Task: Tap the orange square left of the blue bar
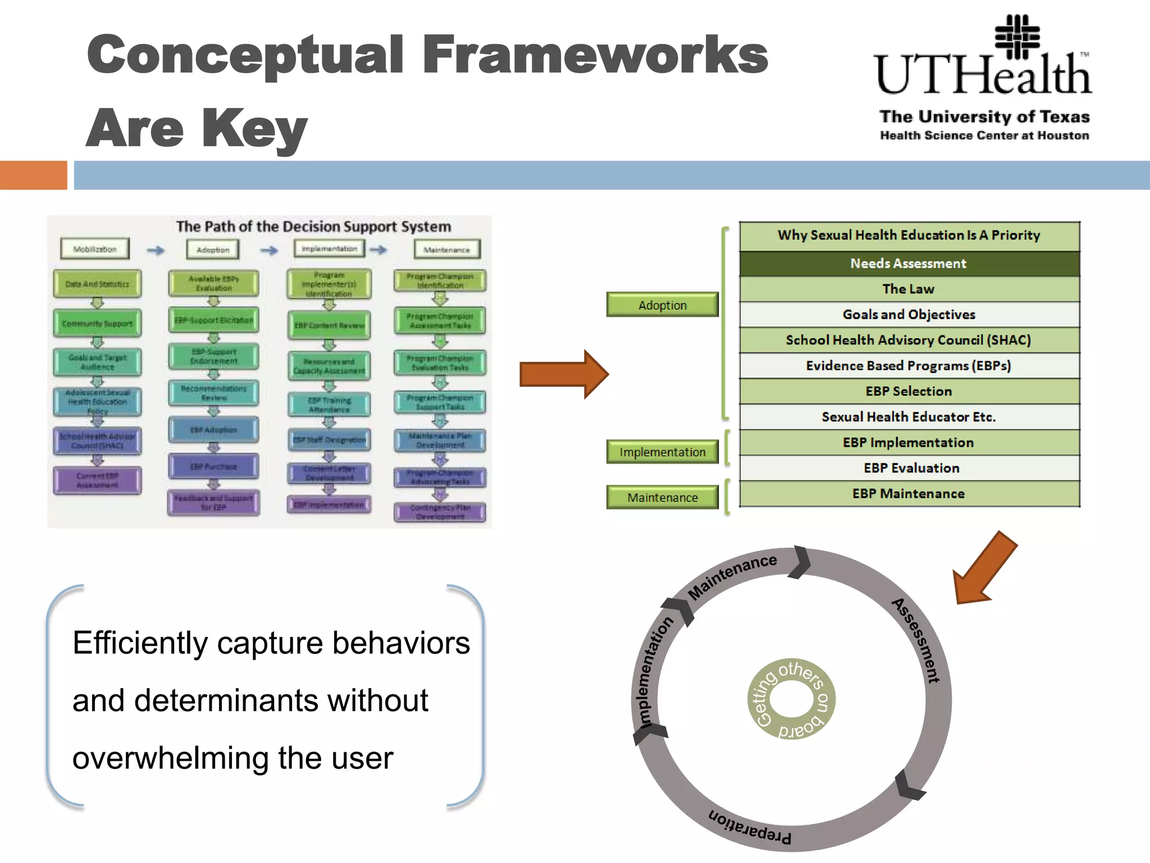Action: pos(33,175)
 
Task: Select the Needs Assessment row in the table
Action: pos(909,264)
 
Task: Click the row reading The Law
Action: pos(909,289)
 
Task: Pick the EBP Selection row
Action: pos(909,391)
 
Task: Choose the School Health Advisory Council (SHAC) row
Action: pos(909,340)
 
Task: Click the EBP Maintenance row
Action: pos(909,494)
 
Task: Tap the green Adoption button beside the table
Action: pos(662,305)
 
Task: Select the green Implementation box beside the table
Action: pos(662,452)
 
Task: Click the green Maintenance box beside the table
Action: pos(662,498)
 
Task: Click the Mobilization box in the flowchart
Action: pos(95,249)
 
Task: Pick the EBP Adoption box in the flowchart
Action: pos(213,430)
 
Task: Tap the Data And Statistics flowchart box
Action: pos(97,284)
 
